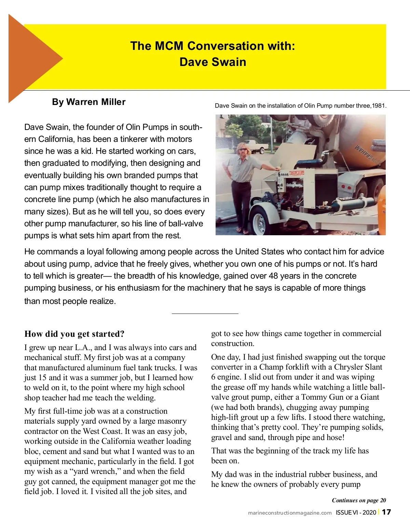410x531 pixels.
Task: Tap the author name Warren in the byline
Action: pos(81,102)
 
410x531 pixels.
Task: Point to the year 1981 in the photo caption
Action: pos(379,106)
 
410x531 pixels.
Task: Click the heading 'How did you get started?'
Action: pos(74,334)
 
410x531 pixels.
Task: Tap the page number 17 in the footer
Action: pos(386,512)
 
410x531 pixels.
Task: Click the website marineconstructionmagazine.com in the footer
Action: pos(290,513)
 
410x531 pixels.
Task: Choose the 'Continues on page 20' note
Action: pos(359,500)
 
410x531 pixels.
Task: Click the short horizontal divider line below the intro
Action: pos(205,314)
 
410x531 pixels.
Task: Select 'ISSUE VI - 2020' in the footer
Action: pos(356,512)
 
